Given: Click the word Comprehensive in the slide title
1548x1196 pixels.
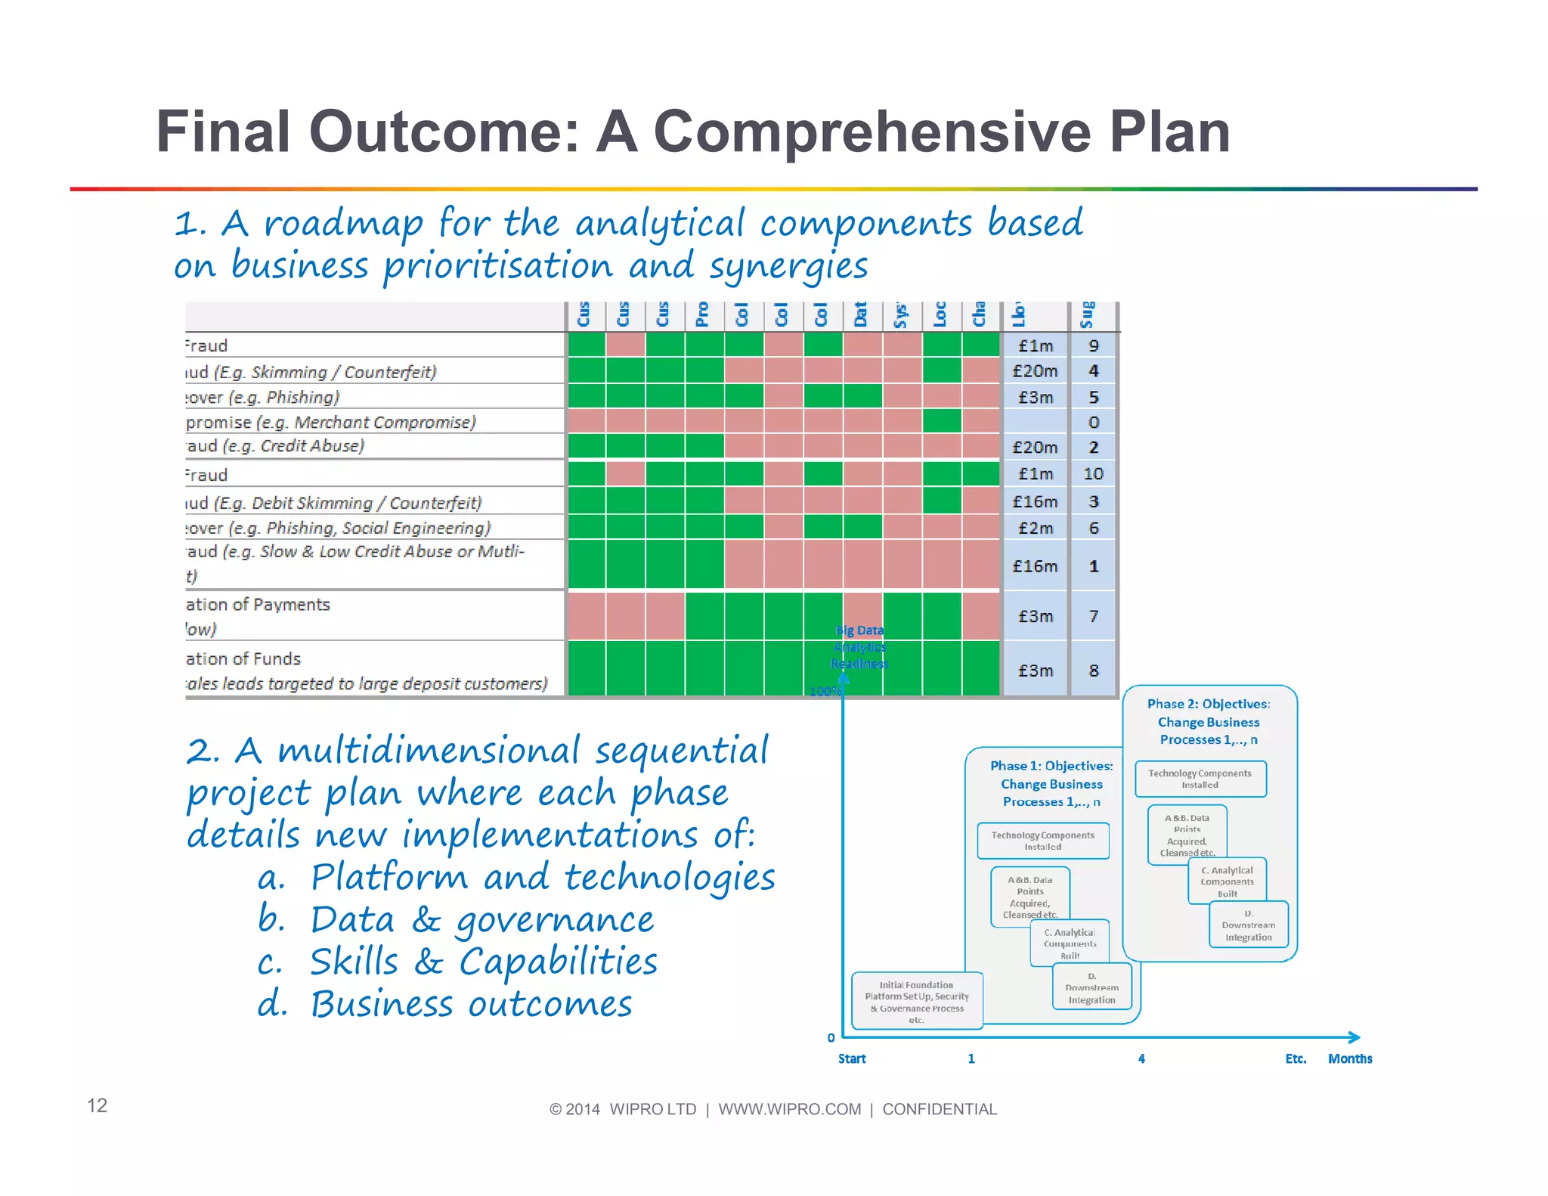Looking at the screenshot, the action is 872,132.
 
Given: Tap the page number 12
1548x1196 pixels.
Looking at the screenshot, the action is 97,1105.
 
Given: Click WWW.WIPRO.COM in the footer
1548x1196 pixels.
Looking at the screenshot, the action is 789,1109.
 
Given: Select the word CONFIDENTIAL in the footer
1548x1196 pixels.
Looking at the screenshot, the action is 940,1109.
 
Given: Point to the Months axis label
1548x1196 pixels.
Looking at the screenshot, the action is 1350,1058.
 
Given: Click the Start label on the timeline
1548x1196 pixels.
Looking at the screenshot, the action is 852,1058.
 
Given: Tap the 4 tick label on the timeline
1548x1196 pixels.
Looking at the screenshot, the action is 1141,1058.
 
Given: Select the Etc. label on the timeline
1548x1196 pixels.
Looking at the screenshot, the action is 1296,1058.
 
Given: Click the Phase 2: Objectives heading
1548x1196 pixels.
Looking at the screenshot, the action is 1209,704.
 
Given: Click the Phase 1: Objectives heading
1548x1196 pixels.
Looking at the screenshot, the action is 1051,766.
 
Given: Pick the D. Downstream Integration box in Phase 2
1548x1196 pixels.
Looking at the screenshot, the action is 1248,925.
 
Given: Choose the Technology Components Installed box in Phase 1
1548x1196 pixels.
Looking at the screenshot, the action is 1042,841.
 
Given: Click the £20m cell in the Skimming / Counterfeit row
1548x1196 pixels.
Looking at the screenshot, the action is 1035,371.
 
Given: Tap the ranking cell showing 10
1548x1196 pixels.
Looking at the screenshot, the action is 1093,474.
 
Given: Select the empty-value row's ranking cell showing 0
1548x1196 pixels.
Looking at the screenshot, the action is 1093,422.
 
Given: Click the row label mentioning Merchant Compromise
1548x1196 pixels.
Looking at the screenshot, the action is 331,422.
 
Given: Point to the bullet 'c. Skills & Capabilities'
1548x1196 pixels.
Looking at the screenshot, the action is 457,962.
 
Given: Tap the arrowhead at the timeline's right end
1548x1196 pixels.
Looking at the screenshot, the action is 1354,1037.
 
